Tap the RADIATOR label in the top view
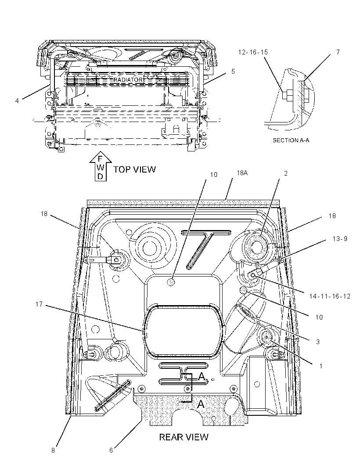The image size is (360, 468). tap(128, 80)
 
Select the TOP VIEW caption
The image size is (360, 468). tap(134, 169)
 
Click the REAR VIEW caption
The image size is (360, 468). tap(184, 437)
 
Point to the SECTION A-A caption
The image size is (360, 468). tap(291, 140)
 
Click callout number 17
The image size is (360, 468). tap(40, 304)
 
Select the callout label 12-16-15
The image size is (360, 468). tap(253, 52)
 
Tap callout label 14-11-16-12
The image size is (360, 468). tap(330, 296)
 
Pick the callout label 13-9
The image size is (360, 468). tap(340, 239)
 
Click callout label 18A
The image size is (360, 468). tap(242, 173)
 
